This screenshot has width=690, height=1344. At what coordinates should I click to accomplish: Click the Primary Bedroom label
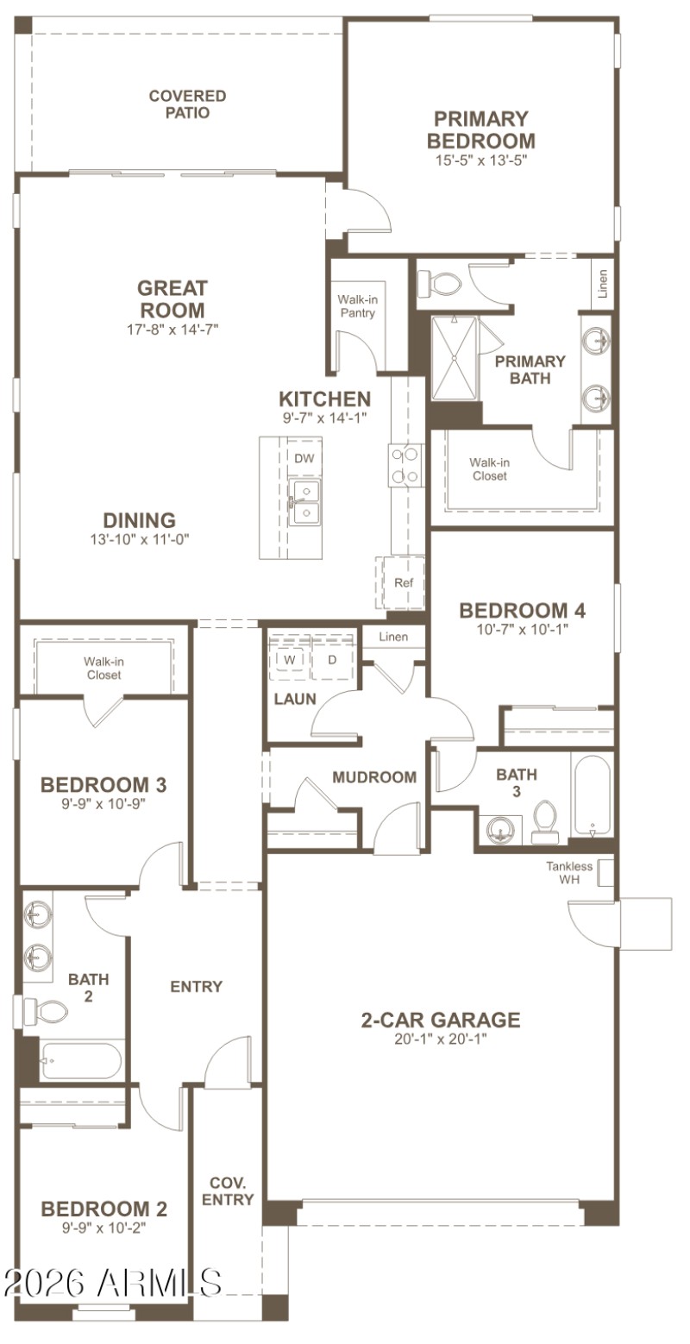[480, 129]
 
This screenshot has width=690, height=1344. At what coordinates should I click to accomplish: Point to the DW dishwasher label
[304, 458]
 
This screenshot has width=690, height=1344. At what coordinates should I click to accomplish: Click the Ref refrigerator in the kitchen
[403, 583]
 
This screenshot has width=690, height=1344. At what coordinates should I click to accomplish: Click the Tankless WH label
[569, 872]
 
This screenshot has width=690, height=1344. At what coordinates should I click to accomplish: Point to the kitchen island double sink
[304, 503]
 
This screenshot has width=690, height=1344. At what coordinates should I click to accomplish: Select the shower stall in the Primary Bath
[454, 359]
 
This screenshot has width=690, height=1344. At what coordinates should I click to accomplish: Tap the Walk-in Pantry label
[357, 306]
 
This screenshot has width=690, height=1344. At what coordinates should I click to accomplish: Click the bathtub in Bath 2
[82, 1060]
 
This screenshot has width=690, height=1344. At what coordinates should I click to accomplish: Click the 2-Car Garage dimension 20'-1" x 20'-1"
[440, 1039]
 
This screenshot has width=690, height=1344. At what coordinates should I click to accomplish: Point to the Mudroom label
[374, 777]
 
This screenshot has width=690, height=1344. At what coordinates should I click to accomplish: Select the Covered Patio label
[187, 104]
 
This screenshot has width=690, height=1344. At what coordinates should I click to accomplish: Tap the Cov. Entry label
[232, 1190]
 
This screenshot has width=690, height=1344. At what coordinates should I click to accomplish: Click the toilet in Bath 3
[544, 821]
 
